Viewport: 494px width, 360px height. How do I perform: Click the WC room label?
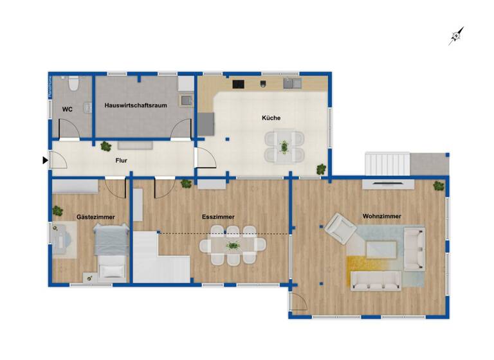(67, 110)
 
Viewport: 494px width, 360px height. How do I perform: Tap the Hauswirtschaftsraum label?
(135, 105)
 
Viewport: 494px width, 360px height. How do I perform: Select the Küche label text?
(271, 118)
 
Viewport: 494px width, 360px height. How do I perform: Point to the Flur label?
(121, 162)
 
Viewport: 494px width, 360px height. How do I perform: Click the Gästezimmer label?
(95, 217)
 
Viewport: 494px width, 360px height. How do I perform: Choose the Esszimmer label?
(218, 217)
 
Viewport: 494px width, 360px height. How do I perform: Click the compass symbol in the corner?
(456, 36)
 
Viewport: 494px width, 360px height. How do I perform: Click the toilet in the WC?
(73, 84)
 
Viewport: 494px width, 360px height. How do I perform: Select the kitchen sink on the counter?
(293, 83)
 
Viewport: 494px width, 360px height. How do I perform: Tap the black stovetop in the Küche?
(239, 84)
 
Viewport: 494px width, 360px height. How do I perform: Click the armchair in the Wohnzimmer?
(340, 228)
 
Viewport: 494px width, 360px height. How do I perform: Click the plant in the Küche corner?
(320, 169)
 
